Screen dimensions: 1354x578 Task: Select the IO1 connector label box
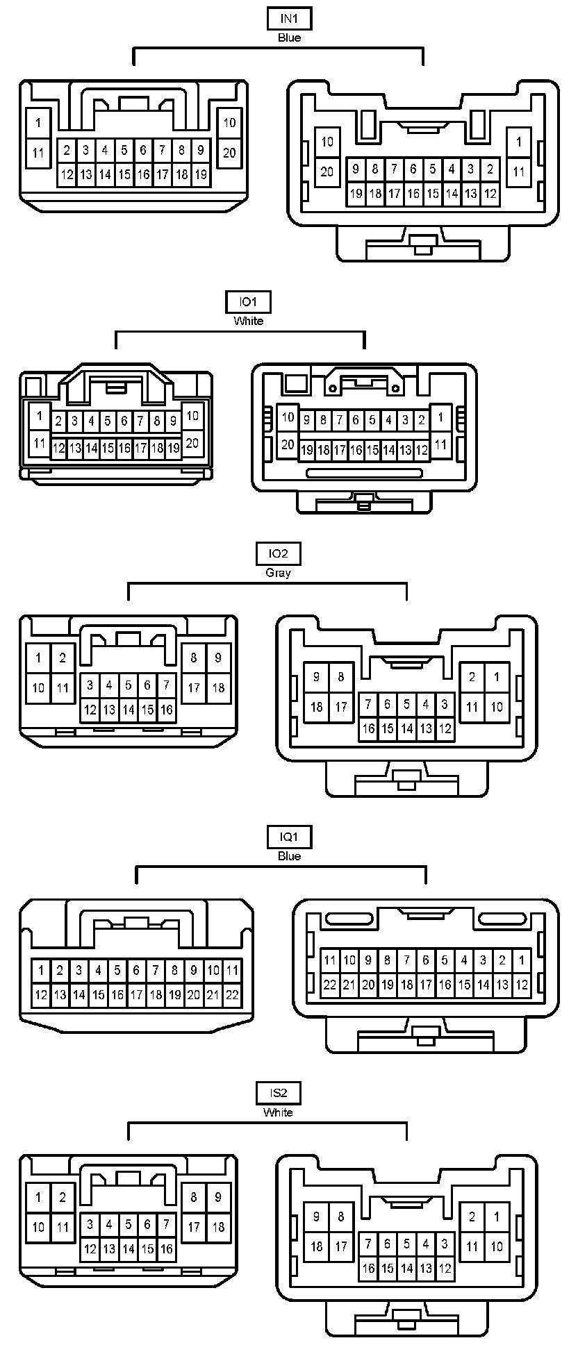248,303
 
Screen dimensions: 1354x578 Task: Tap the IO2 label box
278,554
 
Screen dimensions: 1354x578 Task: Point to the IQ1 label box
289,837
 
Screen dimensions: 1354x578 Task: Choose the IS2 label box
278,1094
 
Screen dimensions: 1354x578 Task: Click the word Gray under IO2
278,573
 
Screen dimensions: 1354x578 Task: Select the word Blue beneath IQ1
289,856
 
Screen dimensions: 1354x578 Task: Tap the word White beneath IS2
278,1112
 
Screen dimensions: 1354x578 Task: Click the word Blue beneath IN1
289,38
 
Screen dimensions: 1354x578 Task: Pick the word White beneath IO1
248,321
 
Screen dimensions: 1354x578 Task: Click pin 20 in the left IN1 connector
229,153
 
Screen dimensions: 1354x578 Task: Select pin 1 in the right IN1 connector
518,142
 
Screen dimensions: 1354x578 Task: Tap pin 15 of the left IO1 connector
108,449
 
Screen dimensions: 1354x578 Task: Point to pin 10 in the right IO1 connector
288,418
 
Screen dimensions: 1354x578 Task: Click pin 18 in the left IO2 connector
218,688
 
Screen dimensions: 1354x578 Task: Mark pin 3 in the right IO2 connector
445,705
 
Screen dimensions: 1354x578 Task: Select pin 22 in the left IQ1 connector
232,995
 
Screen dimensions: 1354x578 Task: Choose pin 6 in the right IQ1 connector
426,961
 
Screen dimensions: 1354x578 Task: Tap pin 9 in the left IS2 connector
218,1197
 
